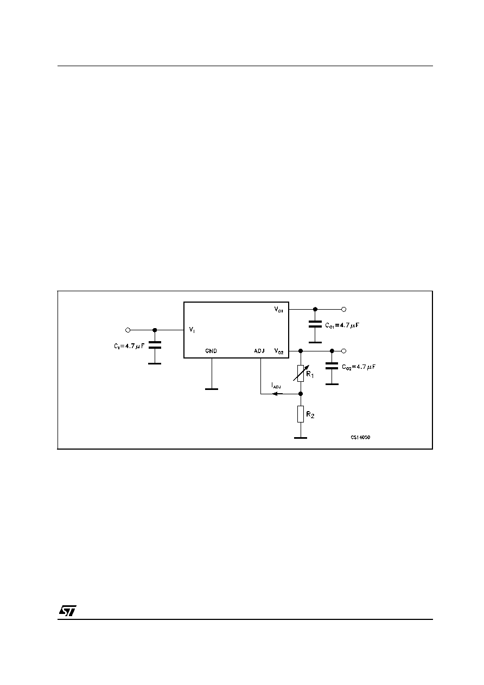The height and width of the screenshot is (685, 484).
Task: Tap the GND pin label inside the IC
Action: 211,351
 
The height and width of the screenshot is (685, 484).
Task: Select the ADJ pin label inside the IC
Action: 259,351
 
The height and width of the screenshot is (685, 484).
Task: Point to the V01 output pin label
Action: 278,310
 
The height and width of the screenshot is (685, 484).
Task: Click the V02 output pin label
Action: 279,351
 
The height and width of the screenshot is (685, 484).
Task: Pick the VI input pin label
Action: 192,330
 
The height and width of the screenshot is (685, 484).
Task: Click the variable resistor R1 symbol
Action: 301,373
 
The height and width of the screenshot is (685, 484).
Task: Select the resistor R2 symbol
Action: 301,414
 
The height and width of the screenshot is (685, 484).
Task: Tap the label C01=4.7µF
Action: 342,325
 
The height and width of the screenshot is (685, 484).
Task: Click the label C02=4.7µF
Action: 359,367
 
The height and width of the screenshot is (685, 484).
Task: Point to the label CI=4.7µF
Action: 129,346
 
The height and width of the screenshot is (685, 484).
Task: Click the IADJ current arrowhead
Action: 275,394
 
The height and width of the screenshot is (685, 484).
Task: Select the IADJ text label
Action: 276,386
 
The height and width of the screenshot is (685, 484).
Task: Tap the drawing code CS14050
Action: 360,437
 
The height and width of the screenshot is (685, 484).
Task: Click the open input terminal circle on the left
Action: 128,330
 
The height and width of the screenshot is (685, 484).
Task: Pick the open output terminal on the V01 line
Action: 343,309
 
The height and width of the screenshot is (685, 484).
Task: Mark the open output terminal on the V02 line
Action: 343,351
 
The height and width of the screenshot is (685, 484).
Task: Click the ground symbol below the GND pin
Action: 212,389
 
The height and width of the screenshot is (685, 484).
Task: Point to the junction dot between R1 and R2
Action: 301,394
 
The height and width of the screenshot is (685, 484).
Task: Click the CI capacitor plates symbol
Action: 155,345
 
